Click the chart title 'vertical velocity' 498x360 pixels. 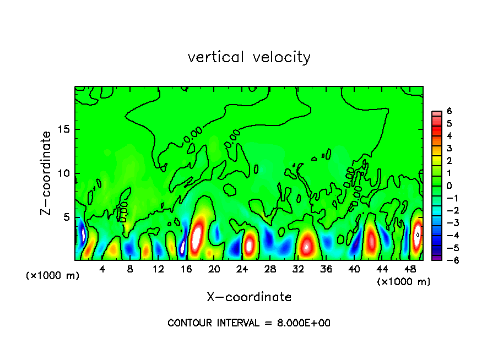(249, 57)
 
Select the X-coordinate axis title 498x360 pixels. (249, 297)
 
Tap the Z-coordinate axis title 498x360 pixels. (46, 173)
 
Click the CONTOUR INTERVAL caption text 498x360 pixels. (249, 323)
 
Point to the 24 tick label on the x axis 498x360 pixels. (242, 269)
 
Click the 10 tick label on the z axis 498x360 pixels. (62, 173)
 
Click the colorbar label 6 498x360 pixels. (449, 111)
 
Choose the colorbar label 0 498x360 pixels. (449, 186)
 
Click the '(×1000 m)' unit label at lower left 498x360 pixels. (53, 276)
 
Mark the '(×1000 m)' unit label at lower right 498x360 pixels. (404, 282)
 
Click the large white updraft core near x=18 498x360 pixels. (197, 235)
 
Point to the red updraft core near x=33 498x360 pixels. (307, 244)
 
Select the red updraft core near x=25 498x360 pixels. (250, 244)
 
